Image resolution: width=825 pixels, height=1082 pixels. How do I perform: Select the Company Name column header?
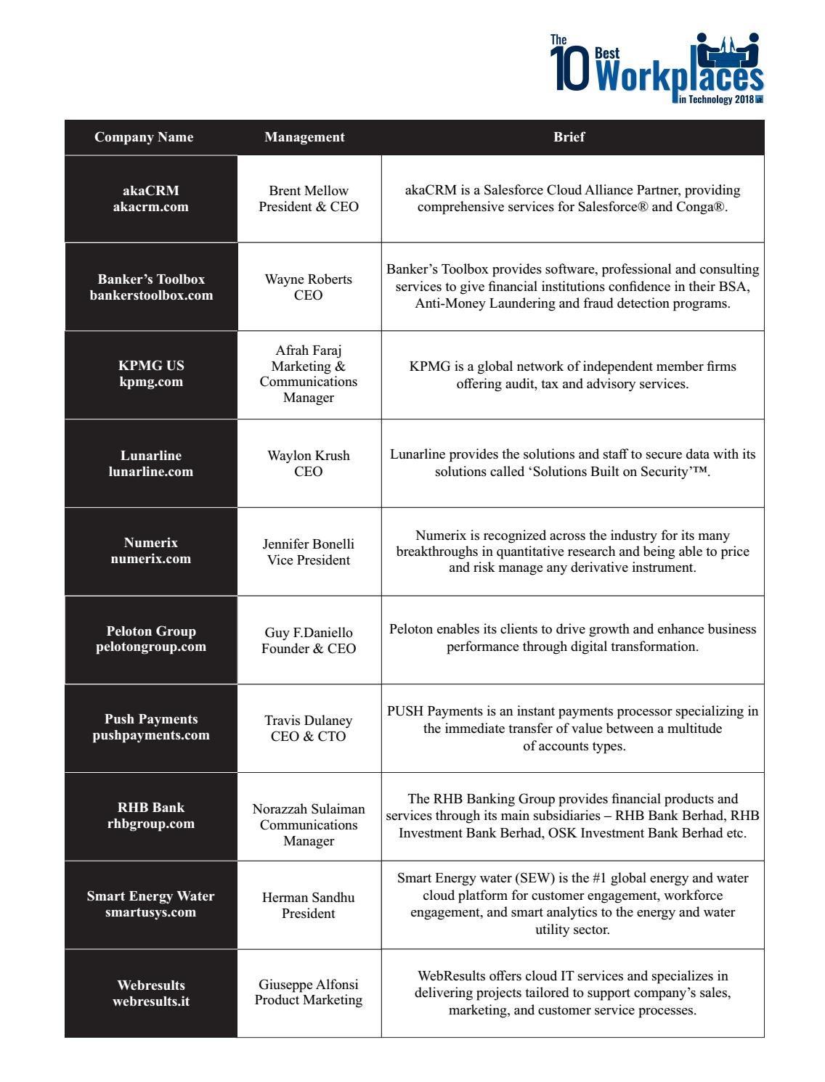coord(144,137)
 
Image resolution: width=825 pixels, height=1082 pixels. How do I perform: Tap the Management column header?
coord(304,137)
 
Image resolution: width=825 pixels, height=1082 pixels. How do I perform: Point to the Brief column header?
coord(569,137)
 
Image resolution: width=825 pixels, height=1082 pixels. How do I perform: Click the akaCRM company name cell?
coord(151,198)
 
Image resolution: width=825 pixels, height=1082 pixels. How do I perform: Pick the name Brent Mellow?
coord(309,191)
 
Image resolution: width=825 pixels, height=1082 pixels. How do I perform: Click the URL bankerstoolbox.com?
coord(151,295)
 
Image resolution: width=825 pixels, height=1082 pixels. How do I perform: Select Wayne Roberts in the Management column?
coord(309,279)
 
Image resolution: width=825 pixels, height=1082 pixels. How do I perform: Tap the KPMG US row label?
coord(151,366)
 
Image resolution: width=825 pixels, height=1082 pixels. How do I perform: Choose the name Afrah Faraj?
coord(309,351)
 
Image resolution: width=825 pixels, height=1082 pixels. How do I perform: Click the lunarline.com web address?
coord(151,472)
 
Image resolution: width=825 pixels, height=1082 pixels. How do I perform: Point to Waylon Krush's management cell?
coord(309,463)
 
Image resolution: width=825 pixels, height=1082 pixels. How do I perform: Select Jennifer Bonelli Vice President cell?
coord(309,552)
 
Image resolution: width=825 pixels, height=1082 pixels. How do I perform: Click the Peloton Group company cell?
coord(151,639)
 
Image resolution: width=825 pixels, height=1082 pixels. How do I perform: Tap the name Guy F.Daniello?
coord(309,633)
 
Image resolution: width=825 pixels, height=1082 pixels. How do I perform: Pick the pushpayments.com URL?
coord(151,735)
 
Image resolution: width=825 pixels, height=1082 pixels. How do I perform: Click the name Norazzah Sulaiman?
coord(309,809)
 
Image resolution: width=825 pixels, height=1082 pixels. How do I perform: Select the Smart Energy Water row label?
coord(151,896)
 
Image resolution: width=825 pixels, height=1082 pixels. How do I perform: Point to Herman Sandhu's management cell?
coord(309,905)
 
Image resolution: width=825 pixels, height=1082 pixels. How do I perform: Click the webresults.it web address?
coord(151,1001)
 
